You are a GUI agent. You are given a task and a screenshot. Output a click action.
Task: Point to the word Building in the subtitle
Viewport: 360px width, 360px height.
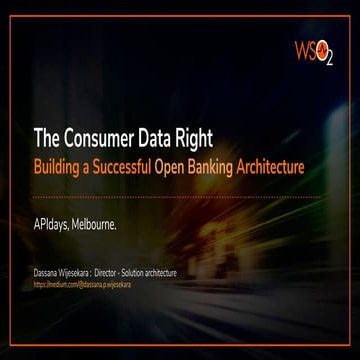pyautogui.click(x=61, y=163)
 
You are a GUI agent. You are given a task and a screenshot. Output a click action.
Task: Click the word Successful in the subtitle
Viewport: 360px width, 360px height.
pyautogui.click(x=141, y=163)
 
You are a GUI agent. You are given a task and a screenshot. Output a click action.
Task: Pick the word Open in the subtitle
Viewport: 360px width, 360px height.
pyautogui.click(x=203, y=163)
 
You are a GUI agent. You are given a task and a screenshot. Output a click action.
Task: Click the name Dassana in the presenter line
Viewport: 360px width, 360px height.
pyautogui.click(x=49, y=272)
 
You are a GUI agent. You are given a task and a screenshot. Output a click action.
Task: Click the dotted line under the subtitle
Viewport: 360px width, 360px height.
pyautogui.click(x=180, y=197)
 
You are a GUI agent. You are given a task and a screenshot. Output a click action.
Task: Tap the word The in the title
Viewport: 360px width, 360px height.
pyautogui.click(x=49, y=139)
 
